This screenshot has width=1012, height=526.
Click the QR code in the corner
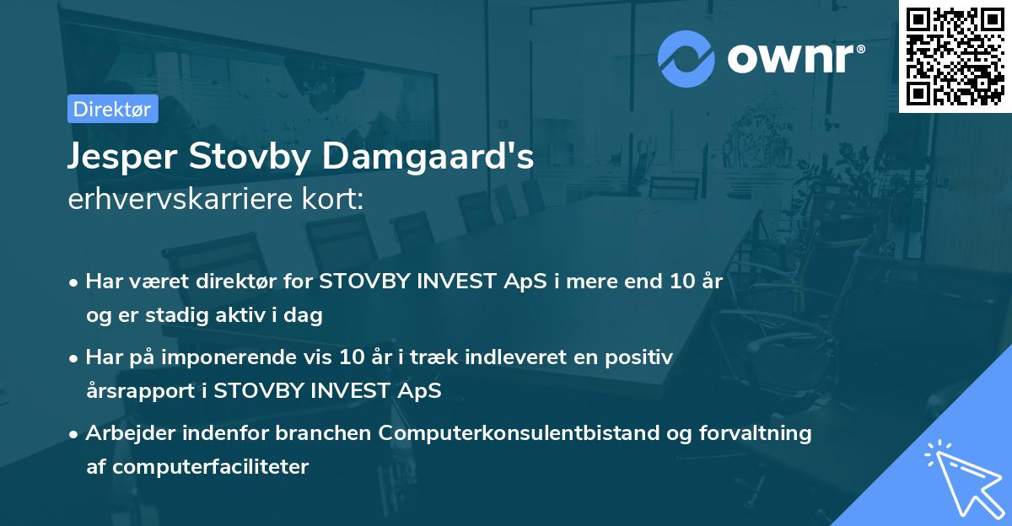pyautogui.click(x=955, y=56)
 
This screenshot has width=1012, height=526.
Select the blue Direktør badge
pyautogui.click(x=113, y=109)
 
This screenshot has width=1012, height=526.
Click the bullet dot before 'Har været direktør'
pyautogui.click(x=75, y=282)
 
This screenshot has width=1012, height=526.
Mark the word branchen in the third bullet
pyautogui.click(x=331, y=433)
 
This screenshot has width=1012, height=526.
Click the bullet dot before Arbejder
pyautogui.click(x=75, y=434)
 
